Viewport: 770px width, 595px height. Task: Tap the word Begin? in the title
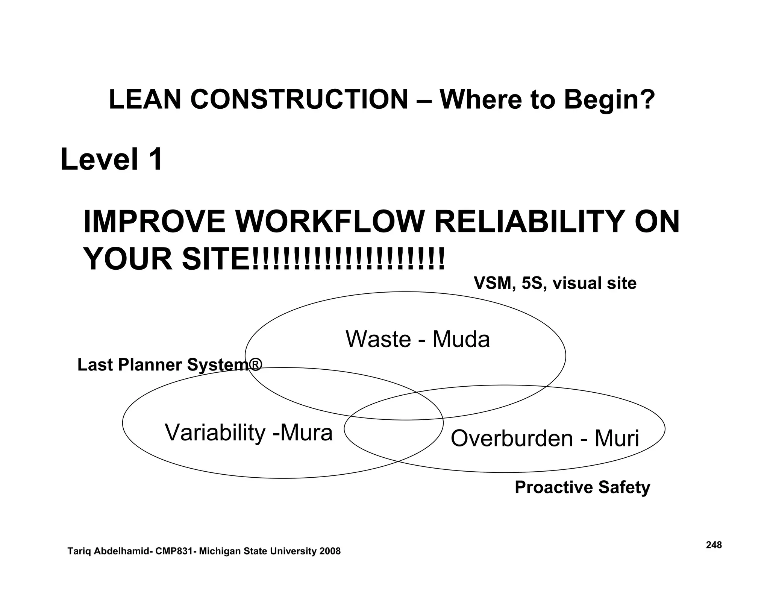[x=609, y=100]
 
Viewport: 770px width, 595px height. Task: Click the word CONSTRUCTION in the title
[x=299, y=99]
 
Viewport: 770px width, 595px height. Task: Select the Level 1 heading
[x=112, y=159]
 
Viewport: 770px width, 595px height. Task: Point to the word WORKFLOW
[x=329, y=222]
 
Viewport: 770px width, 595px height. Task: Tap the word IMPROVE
[x=154, y=222]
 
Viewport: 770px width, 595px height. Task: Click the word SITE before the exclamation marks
[x=216, y=260]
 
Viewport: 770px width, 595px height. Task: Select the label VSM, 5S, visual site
[x=555, y=283]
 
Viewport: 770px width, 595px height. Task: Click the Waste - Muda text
[x=417, y=339]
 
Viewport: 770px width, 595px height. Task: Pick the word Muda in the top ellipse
[x=461, y=339]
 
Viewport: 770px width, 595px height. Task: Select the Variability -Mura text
[x=249, y=433]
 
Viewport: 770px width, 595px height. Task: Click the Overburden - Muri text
[x=544, y=439]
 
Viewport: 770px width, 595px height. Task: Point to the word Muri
[x=616, y=439]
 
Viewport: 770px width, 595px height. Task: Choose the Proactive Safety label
[x=582, y=487]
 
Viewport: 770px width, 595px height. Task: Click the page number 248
[x=714, y=545]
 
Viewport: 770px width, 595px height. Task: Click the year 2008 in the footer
[x=330, y=551]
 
